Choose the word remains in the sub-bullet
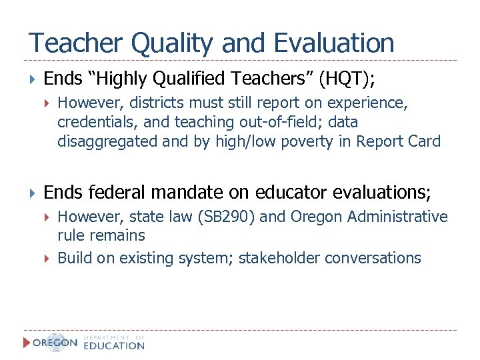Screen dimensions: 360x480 click(x=119, y=236)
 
